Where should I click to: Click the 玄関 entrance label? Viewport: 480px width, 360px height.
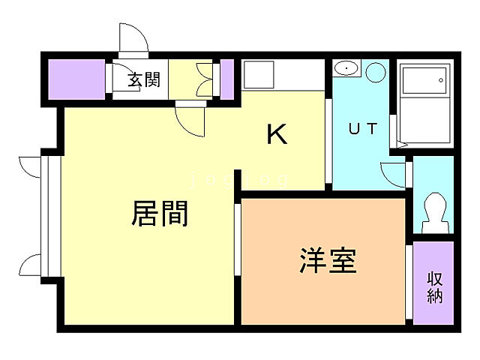coord(143,79)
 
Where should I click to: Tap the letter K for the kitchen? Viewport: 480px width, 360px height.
coord(277,134)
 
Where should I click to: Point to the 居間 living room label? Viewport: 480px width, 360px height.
coord(160,214)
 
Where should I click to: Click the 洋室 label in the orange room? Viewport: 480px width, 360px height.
coord(328,260)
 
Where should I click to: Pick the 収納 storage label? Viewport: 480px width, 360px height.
coord(435,286)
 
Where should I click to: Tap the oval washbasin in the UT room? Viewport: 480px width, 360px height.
coord(346,69)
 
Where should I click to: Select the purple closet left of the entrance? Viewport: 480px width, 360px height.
coord(76,78)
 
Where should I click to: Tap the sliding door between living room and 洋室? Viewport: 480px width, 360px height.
coord(237,240)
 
